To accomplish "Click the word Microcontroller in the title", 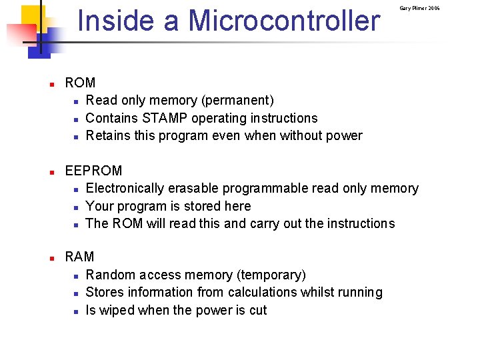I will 285,21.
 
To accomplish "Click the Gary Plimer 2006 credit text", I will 419,8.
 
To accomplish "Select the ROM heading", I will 80,83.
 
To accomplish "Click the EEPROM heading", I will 93,171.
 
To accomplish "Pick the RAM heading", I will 79,257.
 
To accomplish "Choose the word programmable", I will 264,189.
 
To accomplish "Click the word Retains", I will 109,136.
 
